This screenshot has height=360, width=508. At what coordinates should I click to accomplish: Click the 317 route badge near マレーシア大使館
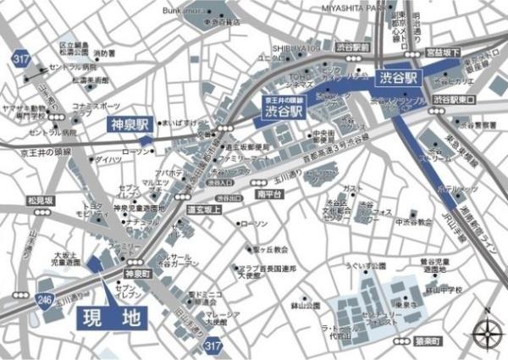point(213,346)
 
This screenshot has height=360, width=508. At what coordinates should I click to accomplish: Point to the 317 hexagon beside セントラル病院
point(18,57)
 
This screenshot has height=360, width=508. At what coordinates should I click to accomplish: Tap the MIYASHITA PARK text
point(353,8)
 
